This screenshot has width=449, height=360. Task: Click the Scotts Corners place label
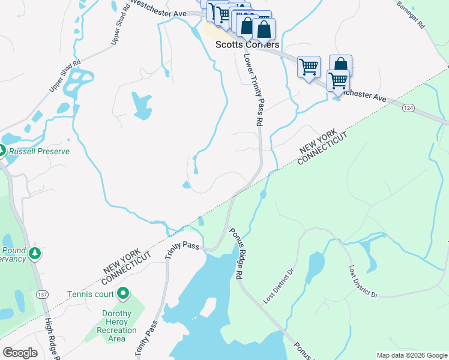click(247, 45)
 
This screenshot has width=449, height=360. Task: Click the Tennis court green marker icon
click(124, 293)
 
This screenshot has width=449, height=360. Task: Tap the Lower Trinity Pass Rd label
click(253, 89)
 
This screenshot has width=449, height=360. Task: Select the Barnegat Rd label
click(411, 15)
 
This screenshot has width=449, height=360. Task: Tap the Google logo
click(20, 353)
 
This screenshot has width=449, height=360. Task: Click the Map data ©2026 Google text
click(412, 355)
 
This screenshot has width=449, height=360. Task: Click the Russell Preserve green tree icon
click(2, 151)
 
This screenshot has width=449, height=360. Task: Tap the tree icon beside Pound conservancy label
click(35, 254)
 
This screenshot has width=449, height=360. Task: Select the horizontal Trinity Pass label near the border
click(183, 245)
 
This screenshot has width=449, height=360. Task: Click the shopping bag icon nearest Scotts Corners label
click(264, 29)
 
